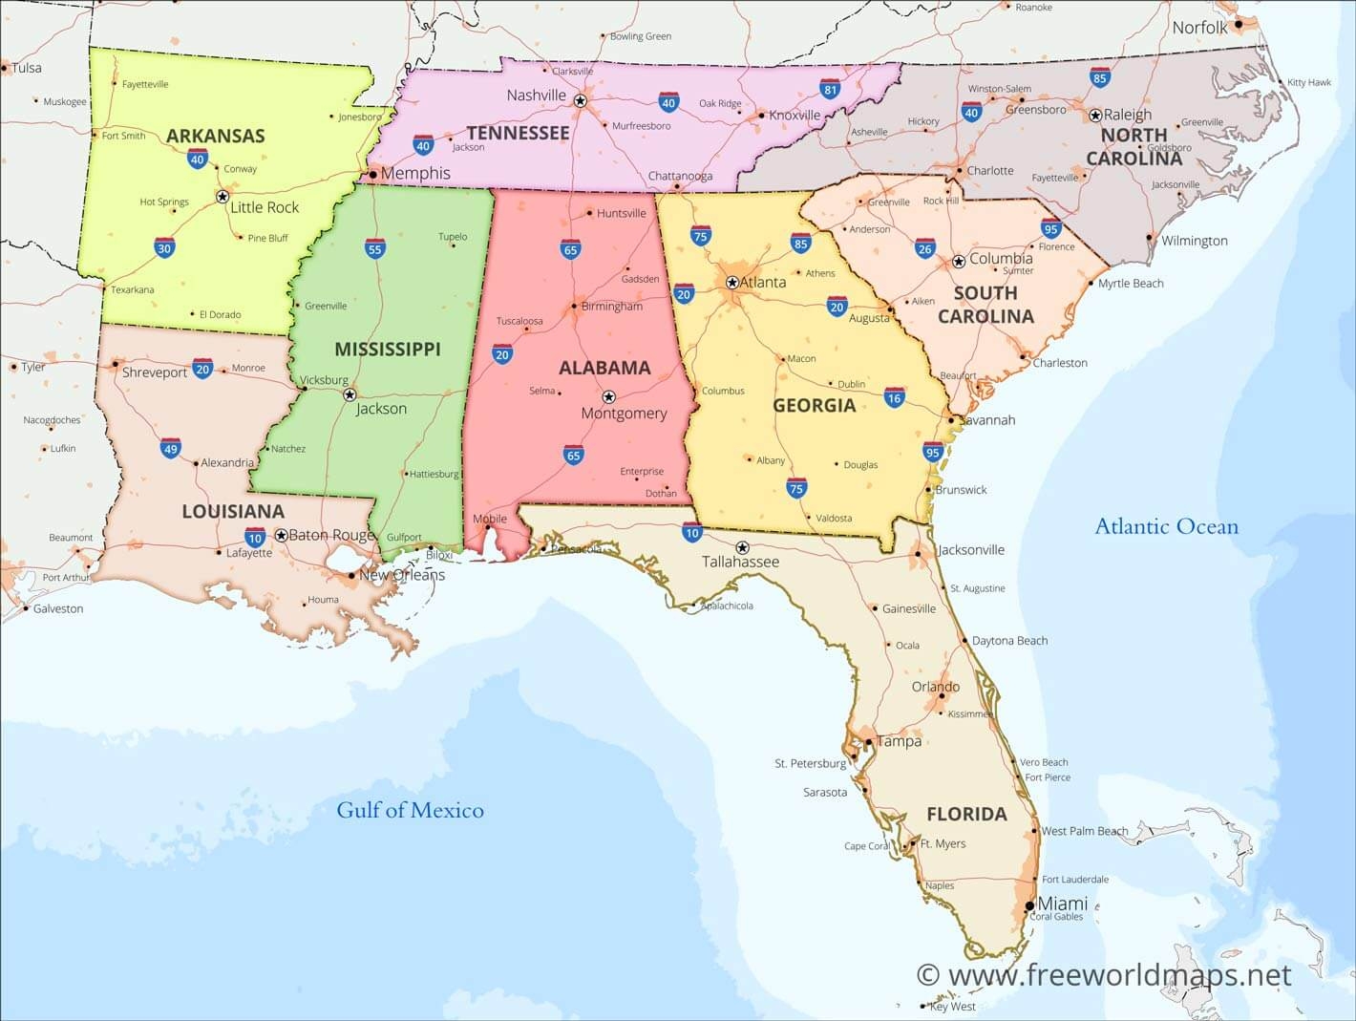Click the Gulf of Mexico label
click(410, 810)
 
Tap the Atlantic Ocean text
click(1166, 526)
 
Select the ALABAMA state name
click(604, 368)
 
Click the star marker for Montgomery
click(608, 396)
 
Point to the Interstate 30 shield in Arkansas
click(164, 248)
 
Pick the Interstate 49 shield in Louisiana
click(170, 448)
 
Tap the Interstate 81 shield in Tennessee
click(830, 90)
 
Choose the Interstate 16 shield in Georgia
click(894, 398)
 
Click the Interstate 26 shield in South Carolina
click(924, 248)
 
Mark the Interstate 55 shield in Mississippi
click(374, 249)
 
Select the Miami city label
click(1062, 904)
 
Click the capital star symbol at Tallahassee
click(742, 547)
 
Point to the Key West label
click(952, 1006)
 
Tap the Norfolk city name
click(1199, 28)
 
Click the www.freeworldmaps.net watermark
click(1103, 974)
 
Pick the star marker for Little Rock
click(222, 197)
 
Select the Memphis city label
click(415, 173)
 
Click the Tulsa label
click(26, 68)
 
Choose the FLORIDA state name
click(966, 814)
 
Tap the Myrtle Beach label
click(1131, 284)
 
